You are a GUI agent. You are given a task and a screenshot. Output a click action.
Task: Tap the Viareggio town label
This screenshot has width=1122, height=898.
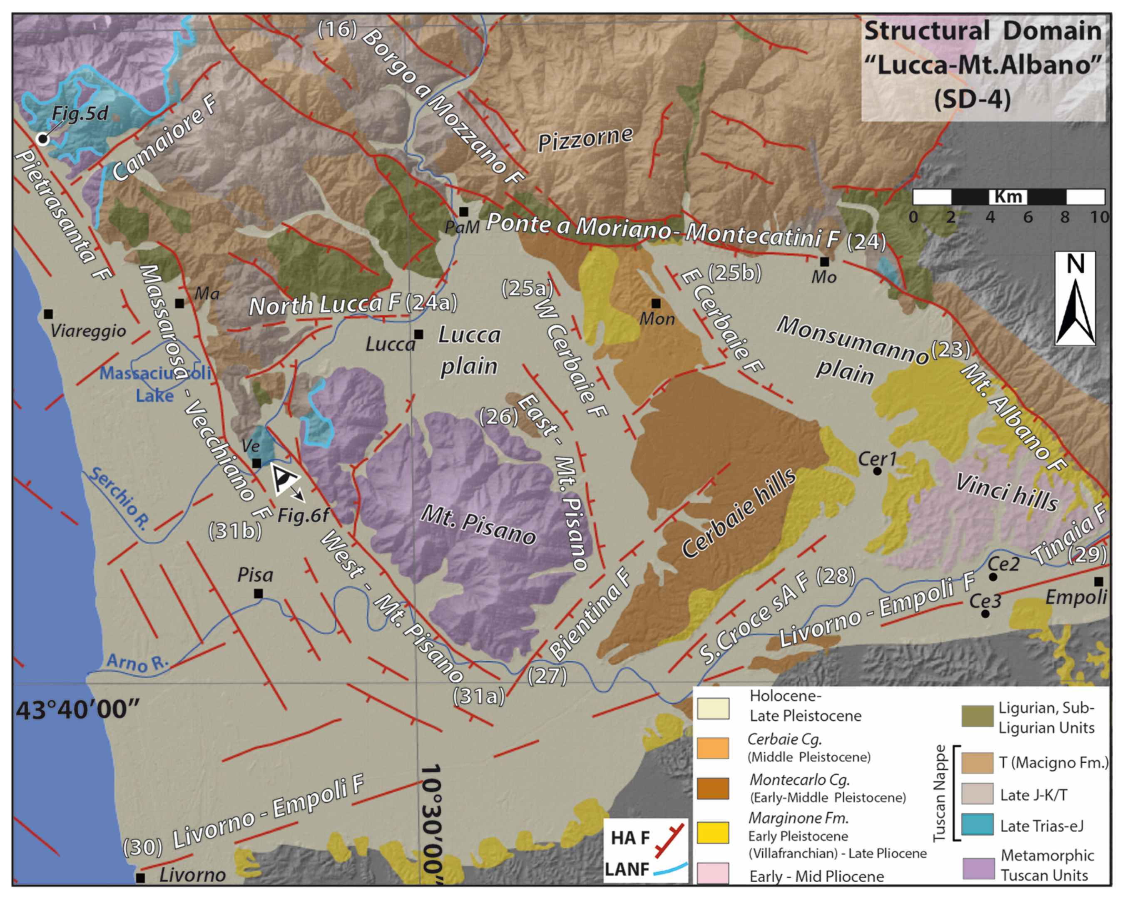pyautogui.click(x=88, y=331)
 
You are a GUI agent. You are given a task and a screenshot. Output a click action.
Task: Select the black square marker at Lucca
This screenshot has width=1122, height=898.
pyautogui.click(x=418, y=334)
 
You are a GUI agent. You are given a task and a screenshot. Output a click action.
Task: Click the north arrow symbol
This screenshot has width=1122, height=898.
pyautogui.click(x=1075, y=299)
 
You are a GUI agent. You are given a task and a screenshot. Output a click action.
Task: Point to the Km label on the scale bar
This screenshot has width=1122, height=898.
pyautogui.click(x=1008, y=197)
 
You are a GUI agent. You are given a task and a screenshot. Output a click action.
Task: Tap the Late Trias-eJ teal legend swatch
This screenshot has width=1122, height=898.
pyautogui.click(x=978, y=825)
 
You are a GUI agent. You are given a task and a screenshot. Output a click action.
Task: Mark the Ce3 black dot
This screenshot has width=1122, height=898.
pyautogui.click(x=985, y=614)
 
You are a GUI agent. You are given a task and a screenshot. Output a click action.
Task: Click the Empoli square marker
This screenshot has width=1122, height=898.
pyautogui.click(x=1098, y=582)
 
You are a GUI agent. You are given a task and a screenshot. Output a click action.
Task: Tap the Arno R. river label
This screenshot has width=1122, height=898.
pyautogui.click(x=138, y=662)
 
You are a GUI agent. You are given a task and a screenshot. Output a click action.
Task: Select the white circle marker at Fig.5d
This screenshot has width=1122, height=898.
pyautogui.click(x=42, y=139)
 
